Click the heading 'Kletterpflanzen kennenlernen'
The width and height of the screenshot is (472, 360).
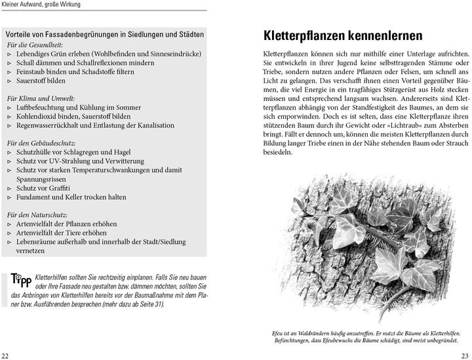[342, 35]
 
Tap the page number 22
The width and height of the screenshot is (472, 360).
[5, 355]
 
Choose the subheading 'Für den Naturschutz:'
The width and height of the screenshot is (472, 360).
[38, 214]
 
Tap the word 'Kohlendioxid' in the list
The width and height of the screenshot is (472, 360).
[39, 116]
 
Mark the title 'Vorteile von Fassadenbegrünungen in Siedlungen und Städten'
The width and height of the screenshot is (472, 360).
[104, 34]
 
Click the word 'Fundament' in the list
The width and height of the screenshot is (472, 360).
[35, 197]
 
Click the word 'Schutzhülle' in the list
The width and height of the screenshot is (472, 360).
[35, 151]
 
